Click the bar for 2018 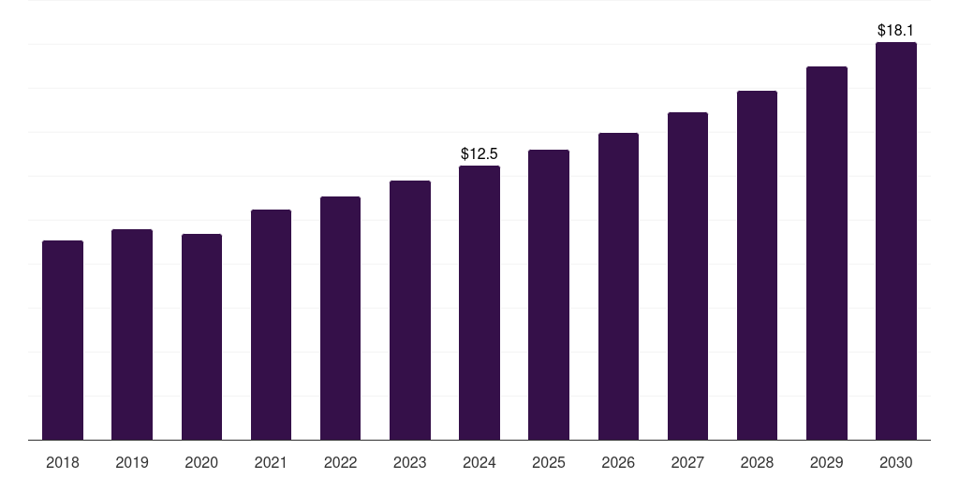[63, 341]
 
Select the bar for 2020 [201, 337]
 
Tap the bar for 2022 [340, 318]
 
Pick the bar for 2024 [479, 303]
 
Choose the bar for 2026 [618, 286]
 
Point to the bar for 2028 [757, 266]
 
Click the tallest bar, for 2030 [896, 241]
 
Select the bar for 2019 [132, 335]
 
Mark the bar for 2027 [687, 276]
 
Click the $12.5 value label [479, 153]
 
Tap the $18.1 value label [896, 30]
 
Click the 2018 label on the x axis [63, 462]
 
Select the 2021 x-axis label [271, 462]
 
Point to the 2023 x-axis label [409, 462]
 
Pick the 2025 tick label [549, 462]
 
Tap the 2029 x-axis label [826, 462]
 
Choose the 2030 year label [896, 462]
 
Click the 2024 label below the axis [479, 462]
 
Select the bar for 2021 [271, 325]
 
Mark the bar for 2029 [826, 254]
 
